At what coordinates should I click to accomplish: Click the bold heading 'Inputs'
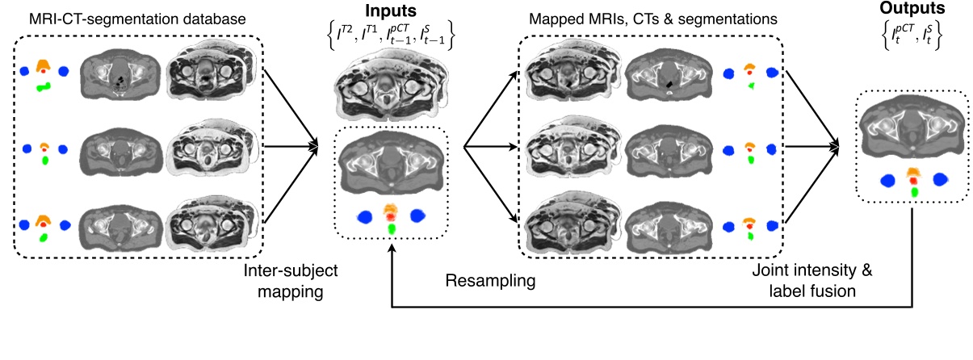pos(392,14)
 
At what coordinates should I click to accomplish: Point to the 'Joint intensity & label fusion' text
pos(814,279)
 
